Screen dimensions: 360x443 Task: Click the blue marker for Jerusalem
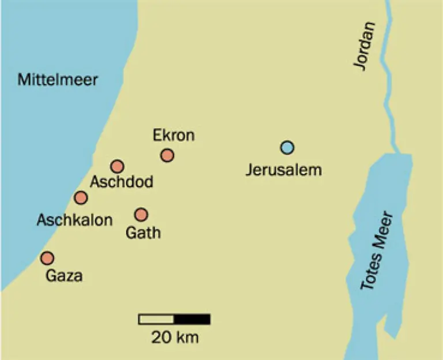point(287,148)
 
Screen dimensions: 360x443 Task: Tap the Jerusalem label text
point(283,170)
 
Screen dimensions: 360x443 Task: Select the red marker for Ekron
point(167,155)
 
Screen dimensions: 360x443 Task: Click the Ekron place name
point(174,136)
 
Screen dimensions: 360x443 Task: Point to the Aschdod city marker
point(117,167)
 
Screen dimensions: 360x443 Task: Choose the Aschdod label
point(121,183)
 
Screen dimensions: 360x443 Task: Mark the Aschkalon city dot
point(81,198)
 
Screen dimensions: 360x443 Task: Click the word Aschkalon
point(74,220)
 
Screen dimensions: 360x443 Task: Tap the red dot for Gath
point(141,215)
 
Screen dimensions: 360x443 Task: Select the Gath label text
point(142,233)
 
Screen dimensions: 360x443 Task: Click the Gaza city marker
point(47,258)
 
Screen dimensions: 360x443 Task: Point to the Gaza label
point(63,276)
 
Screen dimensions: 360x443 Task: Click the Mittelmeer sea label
point(57,80)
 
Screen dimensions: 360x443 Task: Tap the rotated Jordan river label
point(365,46)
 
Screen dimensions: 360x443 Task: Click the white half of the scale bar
point(156,319)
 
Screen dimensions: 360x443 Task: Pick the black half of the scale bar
point(192,319)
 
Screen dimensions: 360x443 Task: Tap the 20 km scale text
point(175,337)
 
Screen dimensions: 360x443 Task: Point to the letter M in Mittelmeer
point(22,80)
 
